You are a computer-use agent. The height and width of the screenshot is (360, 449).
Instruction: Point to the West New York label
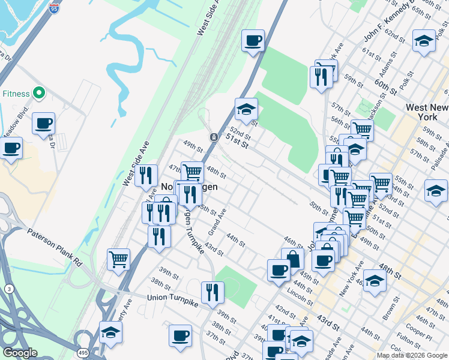pos(427,112)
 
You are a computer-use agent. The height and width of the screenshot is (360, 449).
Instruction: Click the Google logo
pos(20,353)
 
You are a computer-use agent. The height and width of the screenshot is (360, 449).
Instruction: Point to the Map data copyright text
pos(412,355)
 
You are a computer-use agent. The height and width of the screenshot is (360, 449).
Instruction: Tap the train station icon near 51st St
pos(213,137)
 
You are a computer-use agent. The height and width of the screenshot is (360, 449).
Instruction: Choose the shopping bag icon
pos(292,259)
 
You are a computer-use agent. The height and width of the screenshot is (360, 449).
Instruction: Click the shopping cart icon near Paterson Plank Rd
pos(118,259)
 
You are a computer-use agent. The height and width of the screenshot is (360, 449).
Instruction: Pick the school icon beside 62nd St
pos(424,41)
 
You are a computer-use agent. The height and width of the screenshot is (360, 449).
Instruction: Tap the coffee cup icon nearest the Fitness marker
pos(43,123)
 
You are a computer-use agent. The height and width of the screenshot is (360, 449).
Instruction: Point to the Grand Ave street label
pos(216,222)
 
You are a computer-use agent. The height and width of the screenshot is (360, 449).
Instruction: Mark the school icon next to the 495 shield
pos(110,332)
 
